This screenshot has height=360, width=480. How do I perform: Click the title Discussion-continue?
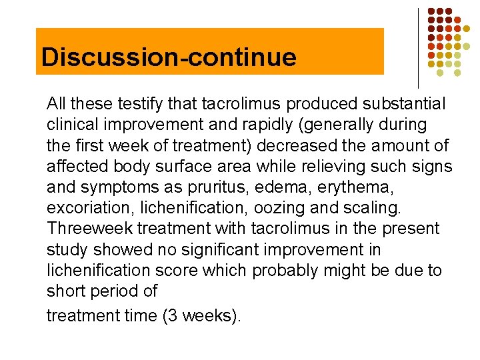pyautogui.click(x=168, y=57)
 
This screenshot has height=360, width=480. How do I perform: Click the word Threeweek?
pyautogui.click(x=90, y=229)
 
